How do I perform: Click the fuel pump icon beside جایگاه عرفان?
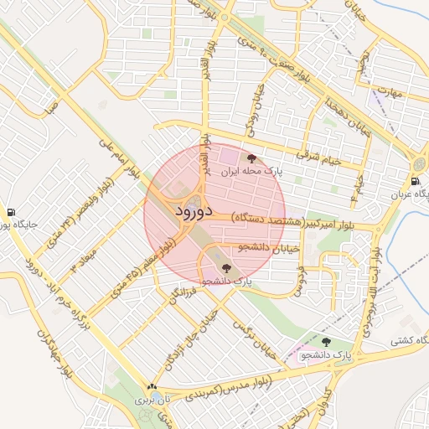coord(415,182)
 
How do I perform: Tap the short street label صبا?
coord(52,106)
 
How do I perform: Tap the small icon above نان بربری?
coord(152,387)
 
